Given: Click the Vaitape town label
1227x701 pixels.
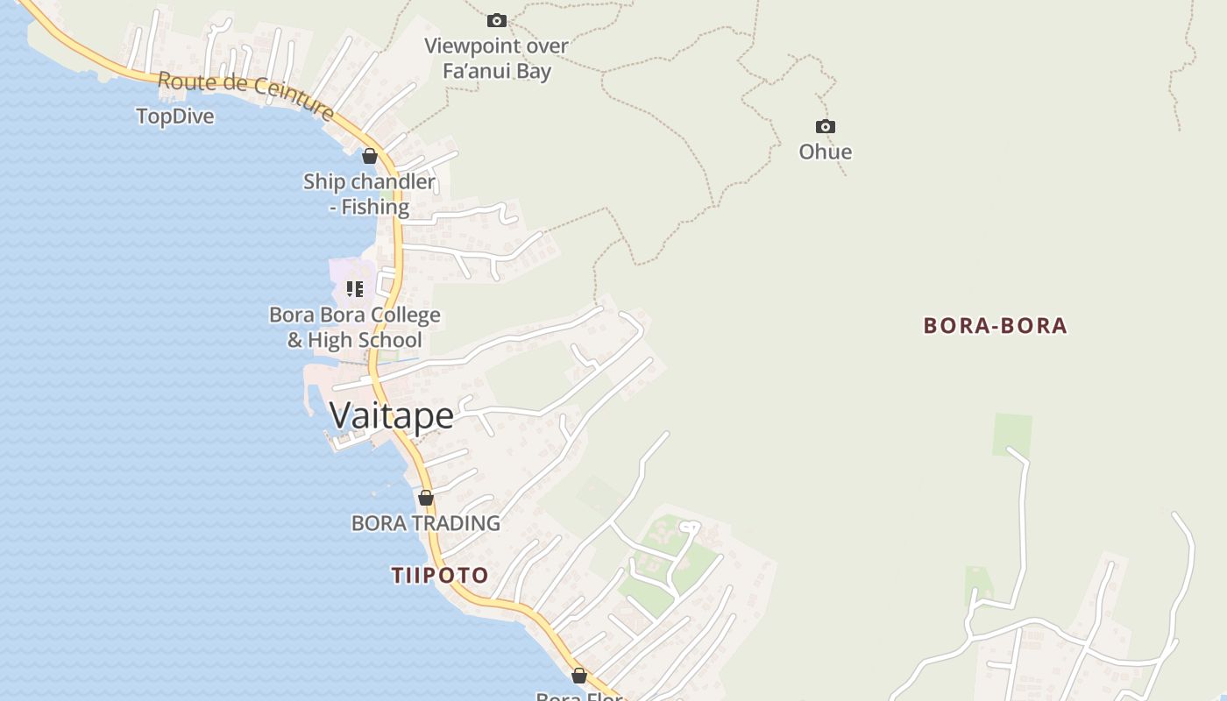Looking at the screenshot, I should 392,415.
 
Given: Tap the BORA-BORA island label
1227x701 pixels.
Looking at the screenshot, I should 995,326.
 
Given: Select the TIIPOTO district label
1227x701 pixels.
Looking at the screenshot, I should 439,576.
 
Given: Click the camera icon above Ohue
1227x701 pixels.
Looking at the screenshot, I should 825,127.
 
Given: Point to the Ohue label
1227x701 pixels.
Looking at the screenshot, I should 825,152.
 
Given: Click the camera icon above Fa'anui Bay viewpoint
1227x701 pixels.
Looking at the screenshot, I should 497,20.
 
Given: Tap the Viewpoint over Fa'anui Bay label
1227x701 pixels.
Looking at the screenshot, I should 496,59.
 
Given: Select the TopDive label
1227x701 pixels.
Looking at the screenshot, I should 175,117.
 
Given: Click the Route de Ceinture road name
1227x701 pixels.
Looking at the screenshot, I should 245,94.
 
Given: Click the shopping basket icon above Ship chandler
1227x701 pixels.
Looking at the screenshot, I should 370,157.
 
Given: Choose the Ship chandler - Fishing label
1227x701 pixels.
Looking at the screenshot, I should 369,195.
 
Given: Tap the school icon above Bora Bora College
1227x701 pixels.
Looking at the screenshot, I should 355,288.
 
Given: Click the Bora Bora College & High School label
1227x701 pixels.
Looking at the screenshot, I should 355,328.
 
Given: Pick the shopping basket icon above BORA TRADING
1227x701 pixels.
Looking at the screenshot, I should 426,499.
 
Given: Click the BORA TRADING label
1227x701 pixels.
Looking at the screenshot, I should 425,523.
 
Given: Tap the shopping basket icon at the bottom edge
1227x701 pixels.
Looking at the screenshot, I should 578,676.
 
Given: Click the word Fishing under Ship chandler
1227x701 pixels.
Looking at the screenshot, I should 375,208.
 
